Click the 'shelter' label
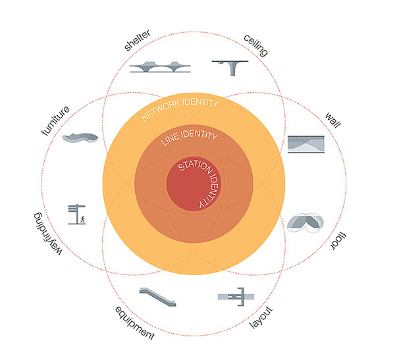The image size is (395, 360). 137,40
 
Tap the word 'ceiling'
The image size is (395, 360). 255,44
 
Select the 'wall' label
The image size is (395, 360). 334,121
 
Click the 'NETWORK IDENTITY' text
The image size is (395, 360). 180,110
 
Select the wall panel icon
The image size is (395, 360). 305,143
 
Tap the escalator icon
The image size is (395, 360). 158,298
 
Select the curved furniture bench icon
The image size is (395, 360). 80,138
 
